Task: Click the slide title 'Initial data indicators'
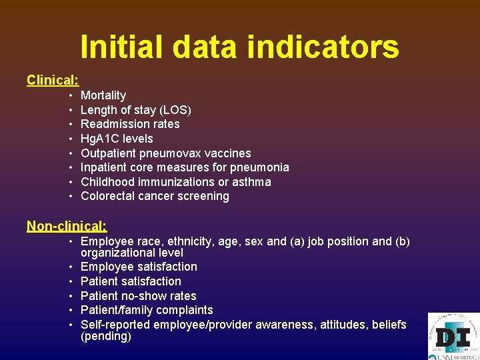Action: [239, 47]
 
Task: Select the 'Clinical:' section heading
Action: [53, 80]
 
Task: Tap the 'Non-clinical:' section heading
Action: [67, 226]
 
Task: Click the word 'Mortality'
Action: [103, 95]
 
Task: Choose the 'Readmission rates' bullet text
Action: [130, 124]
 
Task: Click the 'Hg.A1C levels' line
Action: [117, 139]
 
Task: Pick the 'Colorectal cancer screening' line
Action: [155, 196]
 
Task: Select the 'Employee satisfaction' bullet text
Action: [139, 267]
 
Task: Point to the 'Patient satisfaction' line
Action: [131, 281]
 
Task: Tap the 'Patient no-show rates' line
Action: [138, 296]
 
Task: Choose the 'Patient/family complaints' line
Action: [147, 310]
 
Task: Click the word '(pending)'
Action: [106, 337]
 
